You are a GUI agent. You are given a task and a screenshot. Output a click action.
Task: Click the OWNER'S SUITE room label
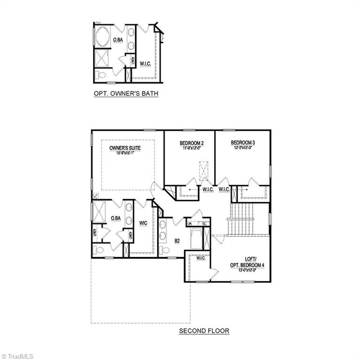[x=125, y=148]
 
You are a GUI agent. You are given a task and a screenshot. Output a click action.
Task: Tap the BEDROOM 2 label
[x=191, y=143]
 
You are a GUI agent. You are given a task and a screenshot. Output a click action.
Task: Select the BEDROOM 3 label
[x=242, y=142]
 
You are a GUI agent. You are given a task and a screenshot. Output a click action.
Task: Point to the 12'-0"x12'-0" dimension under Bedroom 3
[x=242, y=148]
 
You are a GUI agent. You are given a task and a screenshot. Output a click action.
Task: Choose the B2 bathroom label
[x=177, y=241]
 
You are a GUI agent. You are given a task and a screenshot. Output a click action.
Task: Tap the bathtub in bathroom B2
[x=196, y=239]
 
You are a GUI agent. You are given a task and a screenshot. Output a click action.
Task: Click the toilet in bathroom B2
[x=165, y=250]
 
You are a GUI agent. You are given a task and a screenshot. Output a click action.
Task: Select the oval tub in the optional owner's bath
[x=103, y=37]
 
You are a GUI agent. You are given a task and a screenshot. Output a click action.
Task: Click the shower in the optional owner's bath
[x=102, y=59]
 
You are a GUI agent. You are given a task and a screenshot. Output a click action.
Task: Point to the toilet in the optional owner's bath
[x=101, y=75]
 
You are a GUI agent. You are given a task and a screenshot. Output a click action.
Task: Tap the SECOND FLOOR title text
[x=204, y=331]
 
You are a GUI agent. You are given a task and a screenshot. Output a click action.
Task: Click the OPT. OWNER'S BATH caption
[x=126, y=94]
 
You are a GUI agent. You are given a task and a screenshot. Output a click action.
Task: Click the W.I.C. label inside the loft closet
[x=201, y=258]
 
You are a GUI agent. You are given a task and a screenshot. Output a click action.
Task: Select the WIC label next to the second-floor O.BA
[x=143, y=223]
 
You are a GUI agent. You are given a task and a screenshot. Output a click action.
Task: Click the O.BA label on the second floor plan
[x=116, y=218]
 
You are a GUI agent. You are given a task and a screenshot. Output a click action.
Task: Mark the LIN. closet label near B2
[x=190, y=224]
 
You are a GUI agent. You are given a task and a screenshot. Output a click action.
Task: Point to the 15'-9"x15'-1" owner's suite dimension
[x=125, y=153]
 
